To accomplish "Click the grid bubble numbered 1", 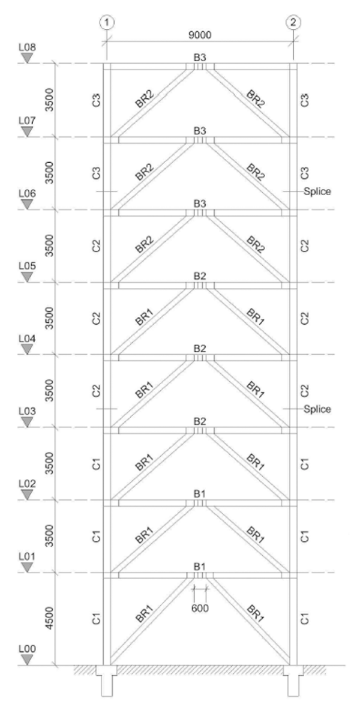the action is click(107, 22).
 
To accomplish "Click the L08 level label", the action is click(28, 46).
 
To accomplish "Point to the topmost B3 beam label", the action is click(200, 58).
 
